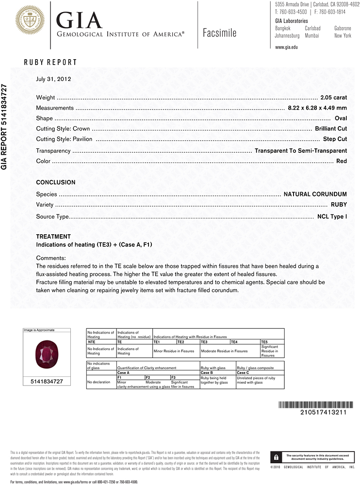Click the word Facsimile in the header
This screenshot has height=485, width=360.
(220, 33)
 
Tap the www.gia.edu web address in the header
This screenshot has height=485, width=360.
(286, 48)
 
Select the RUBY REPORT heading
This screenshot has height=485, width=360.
(50, 63)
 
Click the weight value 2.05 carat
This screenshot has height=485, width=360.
(333, 97)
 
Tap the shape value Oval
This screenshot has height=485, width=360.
(341, 118)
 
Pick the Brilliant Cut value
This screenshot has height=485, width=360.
(331, 129)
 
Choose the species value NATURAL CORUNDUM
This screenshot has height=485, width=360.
(315, 194)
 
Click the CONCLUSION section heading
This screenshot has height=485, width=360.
(56, 182)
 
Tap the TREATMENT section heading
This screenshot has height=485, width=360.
(53, 237)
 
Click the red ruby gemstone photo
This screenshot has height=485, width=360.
(47, 354)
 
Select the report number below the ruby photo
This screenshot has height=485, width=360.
(47, 382)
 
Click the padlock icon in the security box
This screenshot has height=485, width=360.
(276, 457)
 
